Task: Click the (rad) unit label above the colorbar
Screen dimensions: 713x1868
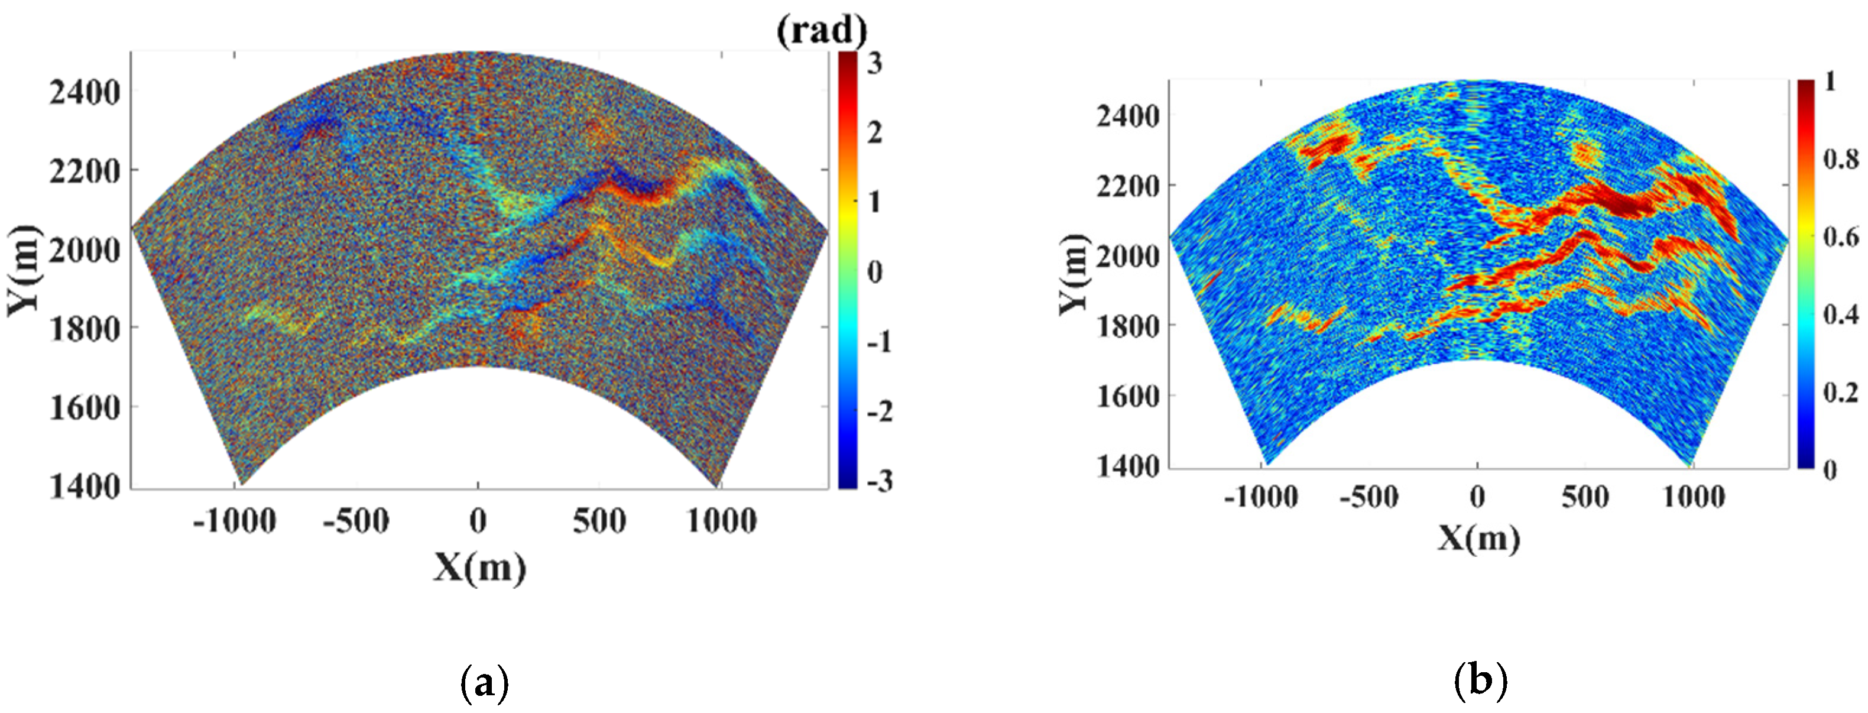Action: click(x=822, y=31)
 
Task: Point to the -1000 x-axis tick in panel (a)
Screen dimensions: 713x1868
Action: click(x=235, y=521)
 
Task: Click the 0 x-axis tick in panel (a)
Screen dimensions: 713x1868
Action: click(x=477, y=521)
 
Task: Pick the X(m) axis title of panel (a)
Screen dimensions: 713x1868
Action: click(x=479, y=567)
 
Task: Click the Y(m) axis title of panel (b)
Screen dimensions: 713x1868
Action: click(x=1074, y=274)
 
